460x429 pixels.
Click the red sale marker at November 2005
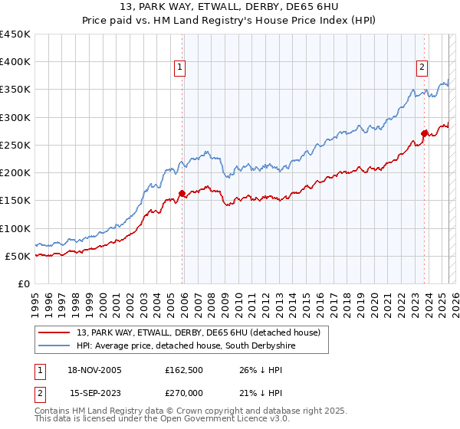(182, 194)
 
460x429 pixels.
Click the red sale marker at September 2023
(424, 134)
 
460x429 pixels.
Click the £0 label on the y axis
(24, 283)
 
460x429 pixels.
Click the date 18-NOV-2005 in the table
(95, 370)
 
